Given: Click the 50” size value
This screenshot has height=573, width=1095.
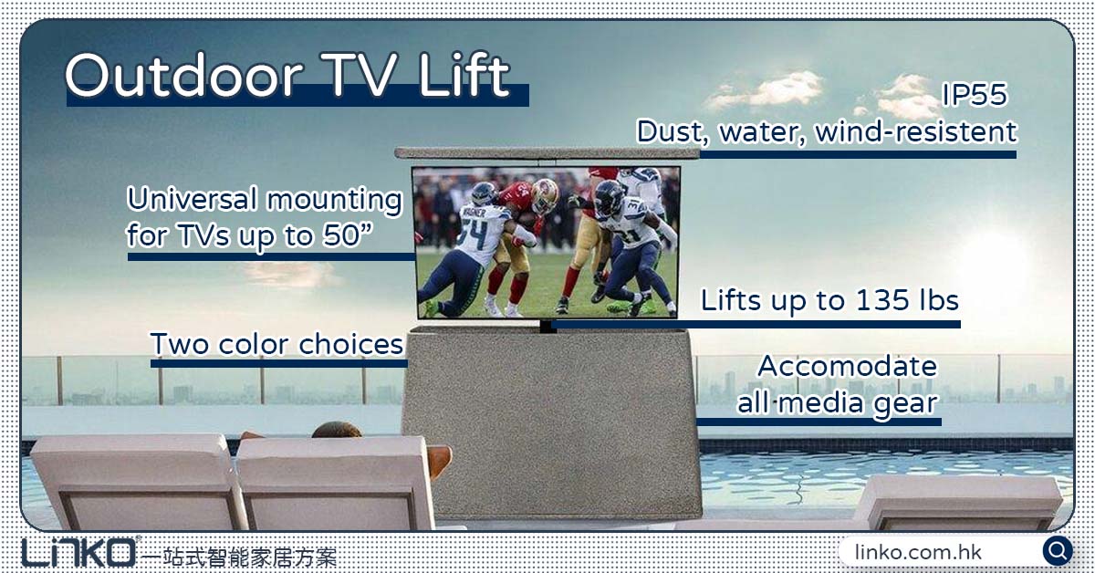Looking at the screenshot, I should click(359, 235).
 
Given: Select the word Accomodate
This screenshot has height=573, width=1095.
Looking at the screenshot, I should click(847, 366).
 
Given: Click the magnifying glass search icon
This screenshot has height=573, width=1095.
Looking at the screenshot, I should click(1058, 551).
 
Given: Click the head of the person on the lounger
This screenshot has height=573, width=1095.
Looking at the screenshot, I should click(337, 429).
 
